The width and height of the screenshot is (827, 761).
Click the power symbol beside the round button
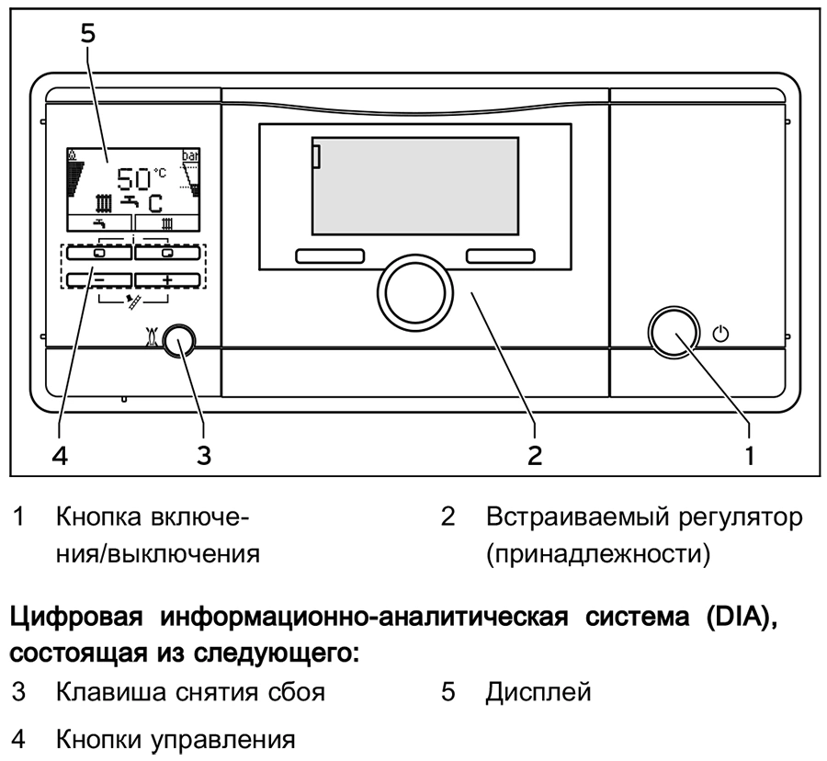click(721, 333)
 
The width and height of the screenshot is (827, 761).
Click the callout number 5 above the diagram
click(87, 33)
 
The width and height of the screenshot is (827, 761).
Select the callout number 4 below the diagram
click(61, 454)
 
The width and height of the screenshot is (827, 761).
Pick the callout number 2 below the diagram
click(535, 454)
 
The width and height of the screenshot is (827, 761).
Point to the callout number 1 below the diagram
click(750, 454)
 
